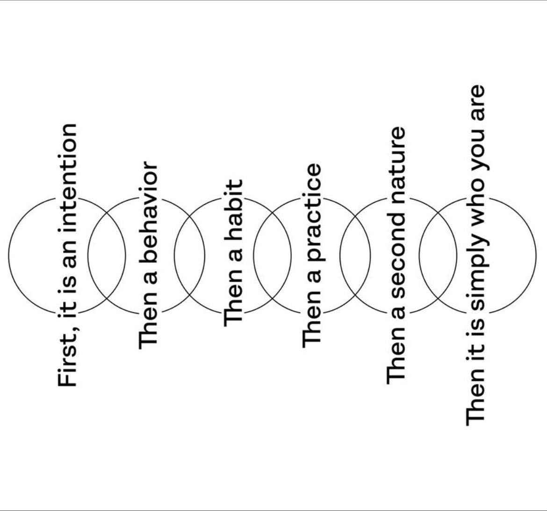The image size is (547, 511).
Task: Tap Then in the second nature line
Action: pyautogui.click(x=396, y=354)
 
